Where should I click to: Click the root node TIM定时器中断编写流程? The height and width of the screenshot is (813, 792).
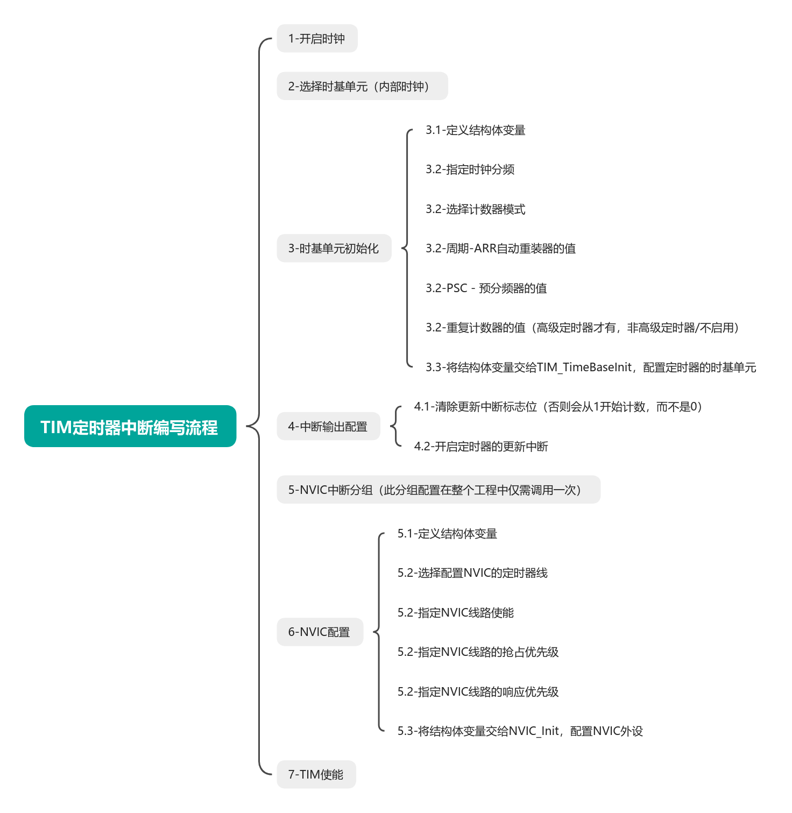pyautogui.click(x=130, y=426)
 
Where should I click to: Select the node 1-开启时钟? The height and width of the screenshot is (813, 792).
pyautogui.click(x=317, y=39)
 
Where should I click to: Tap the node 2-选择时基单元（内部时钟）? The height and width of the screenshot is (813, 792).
pyautogui.click(x=362, y=86)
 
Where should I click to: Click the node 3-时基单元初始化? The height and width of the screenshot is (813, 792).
pyautogui.click(x=334, y=249)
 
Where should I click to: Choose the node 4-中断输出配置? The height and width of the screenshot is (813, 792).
pyautogui.click(x=328, y=427)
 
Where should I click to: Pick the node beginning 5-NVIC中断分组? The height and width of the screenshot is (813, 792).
pyautogui.click(x=438, y=490)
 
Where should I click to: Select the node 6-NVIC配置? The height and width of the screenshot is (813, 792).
pyautogui.click(x=320, y=632)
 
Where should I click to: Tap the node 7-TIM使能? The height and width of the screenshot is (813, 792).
pyautogui.click(x=316, y=774)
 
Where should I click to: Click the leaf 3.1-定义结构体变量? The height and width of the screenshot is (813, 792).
pyautogui.click(x=475, y=130)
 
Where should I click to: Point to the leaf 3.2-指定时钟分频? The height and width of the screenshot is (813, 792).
pyautogui.click(x=470, y=169)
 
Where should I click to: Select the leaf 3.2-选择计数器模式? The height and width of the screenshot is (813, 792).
pyautogui.click(x=475, y=209)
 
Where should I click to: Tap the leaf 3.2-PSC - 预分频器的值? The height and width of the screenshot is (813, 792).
pyautogui.click(x=486, y=288)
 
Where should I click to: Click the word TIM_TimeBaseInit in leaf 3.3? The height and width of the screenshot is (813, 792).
pyautogui.click(x=584, y=367)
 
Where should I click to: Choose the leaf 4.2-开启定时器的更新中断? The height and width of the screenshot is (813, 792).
pyautogui.click(x=480, y=447)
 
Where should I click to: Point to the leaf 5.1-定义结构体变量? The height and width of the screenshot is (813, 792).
pyautogui.click(x=447, y=534)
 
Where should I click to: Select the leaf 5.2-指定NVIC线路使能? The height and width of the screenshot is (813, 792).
pyautogui.click(x=455, y=613)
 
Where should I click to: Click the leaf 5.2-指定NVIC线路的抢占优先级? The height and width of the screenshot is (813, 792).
pyautogui.click(x=478, y=652)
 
